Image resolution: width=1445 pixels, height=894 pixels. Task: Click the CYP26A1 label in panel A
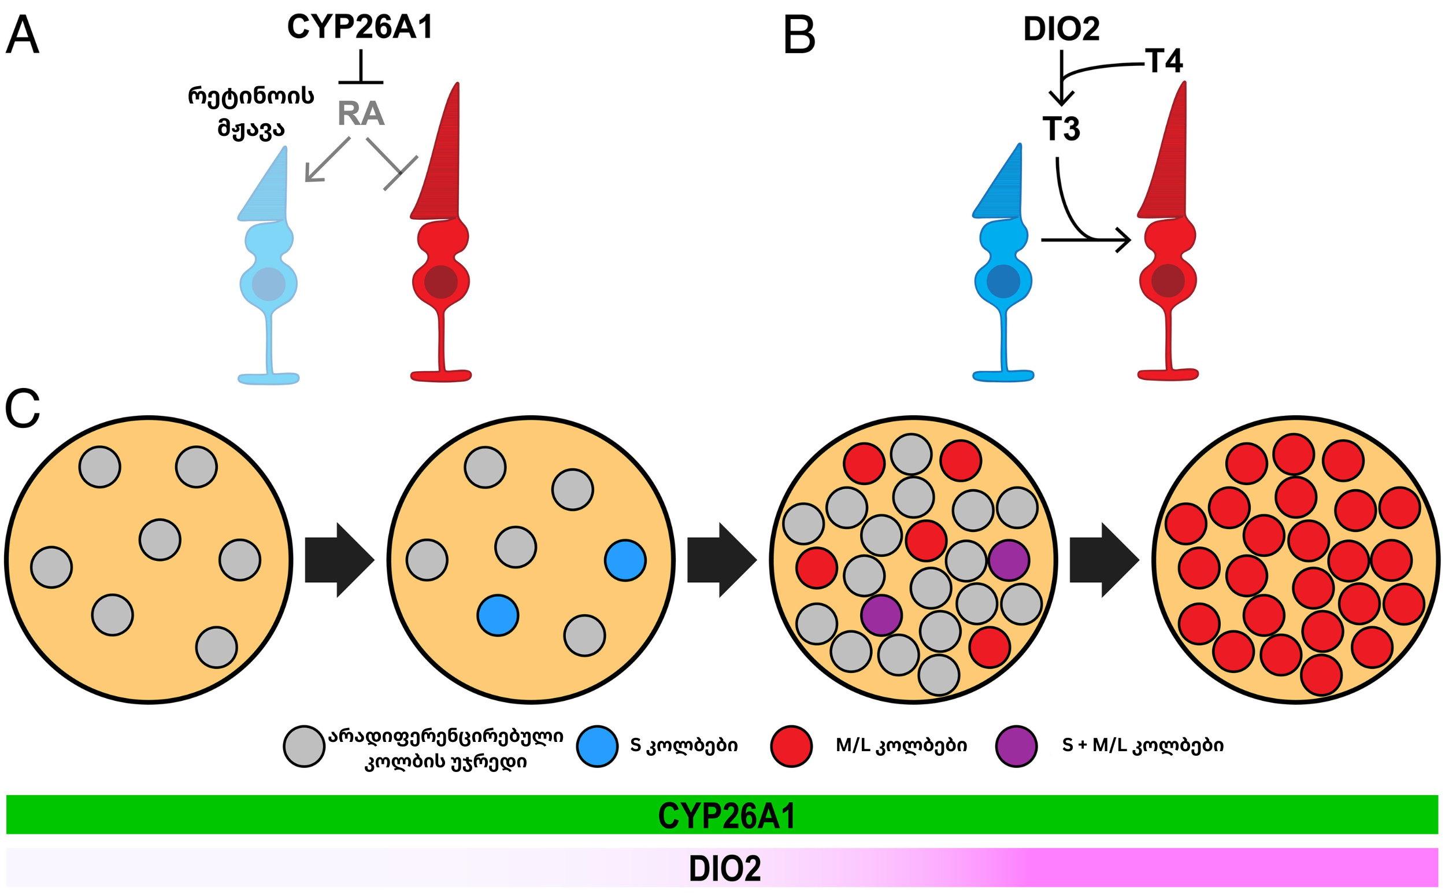click(x=360, y=27)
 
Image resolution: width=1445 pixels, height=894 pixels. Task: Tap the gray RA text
click(x=361, y=113)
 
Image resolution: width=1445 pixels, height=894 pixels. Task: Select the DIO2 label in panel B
click(x=1061, y=29)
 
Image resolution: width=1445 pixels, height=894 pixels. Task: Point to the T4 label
click(x=1164, y=61)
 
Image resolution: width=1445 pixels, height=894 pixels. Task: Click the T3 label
click(x=1061, y=129)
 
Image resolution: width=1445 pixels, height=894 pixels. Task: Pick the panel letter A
click(x=23, y=35)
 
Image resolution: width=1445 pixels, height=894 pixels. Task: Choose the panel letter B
click(x=799, y=35)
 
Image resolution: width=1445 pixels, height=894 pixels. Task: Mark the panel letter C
click(x=23, y=409)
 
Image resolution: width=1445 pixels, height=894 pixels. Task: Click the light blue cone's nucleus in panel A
click(x=269, y=285)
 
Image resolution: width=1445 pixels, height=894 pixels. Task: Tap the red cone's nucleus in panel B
click(x=1168, y=281)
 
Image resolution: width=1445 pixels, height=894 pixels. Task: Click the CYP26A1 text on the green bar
click(x=727, y=816)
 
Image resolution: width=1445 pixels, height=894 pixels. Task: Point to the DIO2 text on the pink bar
click(x=725, y=869)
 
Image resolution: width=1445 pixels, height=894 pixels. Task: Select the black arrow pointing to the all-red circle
click(x=1105, y=560)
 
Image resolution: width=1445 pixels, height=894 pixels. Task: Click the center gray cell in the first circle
click(x=160, y=540)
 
